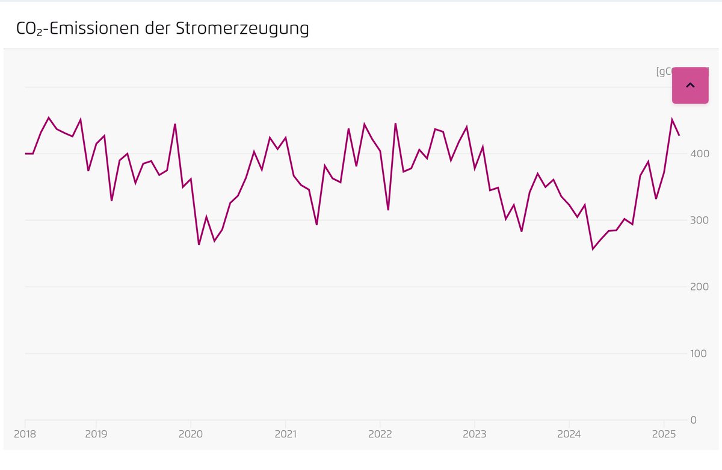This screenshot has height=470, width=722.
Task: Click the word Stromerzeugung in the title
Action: tap(242, 28)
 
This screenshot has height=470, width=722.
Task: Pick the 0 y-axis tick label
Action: tap(694, 420)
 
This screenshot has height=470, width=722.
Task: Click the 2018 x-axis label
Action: tap(25, 434)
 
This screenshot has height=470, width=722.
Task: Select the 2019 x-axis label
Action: tap(96, 434)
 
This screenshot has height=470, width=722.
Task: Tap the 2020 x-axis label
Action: tap(190, 434)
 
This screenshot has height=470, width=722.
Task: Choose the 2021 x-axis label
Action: tap(285, 434)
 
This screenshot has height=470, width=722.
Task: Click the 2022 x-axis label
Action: tap(380, 434)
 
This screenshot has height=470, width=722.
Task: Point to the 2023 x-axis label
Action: tap(474, 434)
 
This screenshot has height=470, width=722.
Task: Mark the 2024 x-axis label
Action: tap(569, 434)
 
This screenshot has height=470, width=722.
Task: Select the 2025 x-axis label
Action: tap(663, 434)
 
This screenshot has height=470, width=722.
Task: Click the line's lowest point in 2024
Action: tap(593, 249)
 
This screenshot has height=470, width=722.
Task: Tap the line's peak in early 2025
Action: tap(671, 119)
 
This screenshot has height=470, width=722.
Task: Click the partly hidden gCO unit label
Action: tap(663, 72)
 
